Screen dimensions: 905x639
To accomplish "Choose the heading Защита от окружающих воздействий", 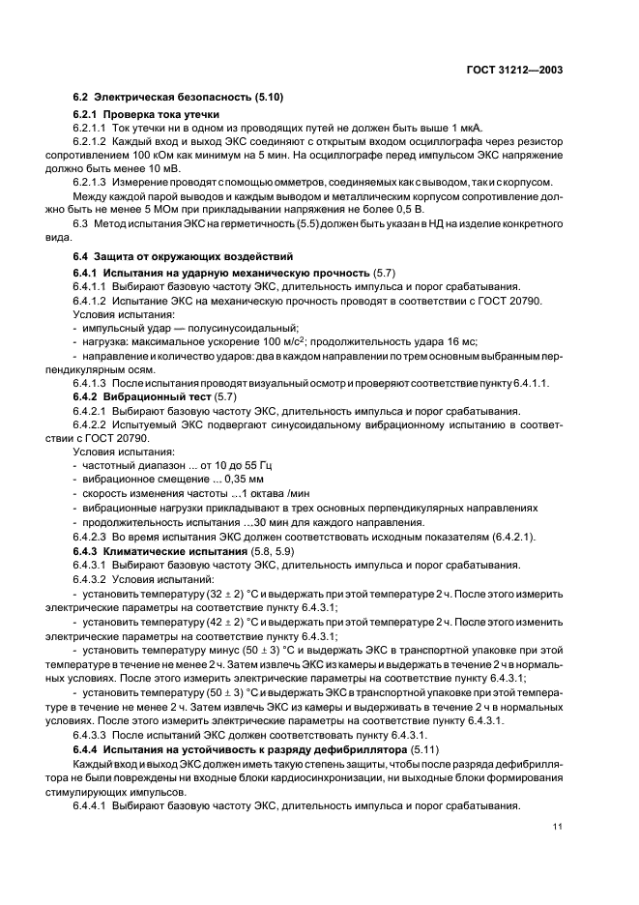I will pyautogui.click(x=186, y=256).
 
